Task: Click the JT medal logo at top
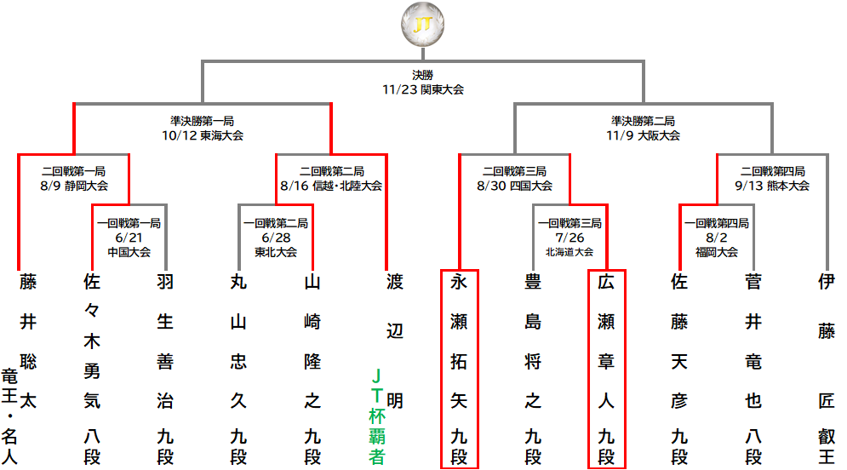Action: pyautogui.click(x=423, y=25)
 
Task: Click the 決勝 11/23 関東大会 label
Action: pyautogui.click(x=423, y=83)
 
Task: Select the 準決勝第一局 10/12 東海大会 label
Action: pyautogui.click(x=203, y=129)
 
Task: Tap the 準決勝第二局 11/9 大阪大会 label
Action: pyautogui.click(x=643, y=129)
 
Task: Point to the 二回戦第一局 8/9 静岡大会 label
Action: pyautogui.click(x=74, y=179)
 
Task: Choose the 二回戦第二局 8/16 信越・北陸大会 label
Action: pyautogui.click(x=331, y=179)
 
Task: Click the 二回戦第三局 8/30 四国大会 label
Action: pyautogui.click(x=514, y=179)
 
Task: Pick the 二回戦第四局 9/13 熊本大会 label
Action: pyautogui.click(x=772, y=179)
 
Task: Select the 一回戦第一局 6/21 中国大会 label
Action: pyautogui.click(x=129, y=238)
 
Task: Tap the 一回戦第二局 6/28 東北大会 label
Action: pyautogui.click(x=276, y=238)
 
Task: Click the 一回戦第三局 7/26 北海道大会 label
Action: pyautogui.click(x=569, y=238)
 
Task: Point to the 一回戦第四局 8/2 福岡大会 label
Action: pyautogui.click(x=716, y=238)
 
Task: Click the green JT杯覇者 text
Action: pyautogui.click(x=376, y=416)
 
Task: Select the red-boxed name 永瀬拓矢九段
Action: pyautogui.click(x=459, y=369)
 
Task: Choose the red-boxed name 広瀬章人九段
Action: pyautogui.click(x=606, y=369)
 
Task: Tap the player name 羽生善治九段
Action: pyautogui.click(x=165, y=369)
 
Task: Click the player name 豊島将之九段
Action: pyautogui.click(x=533, y=369)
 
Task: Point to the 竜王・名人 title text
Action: pyautogui.click(x=9, y=416)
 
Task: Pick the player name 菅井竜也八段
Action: pyautogui.click(x=753, y=369)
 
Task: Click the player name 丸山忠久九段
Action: pyautogui.click(x=238, y=369)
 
